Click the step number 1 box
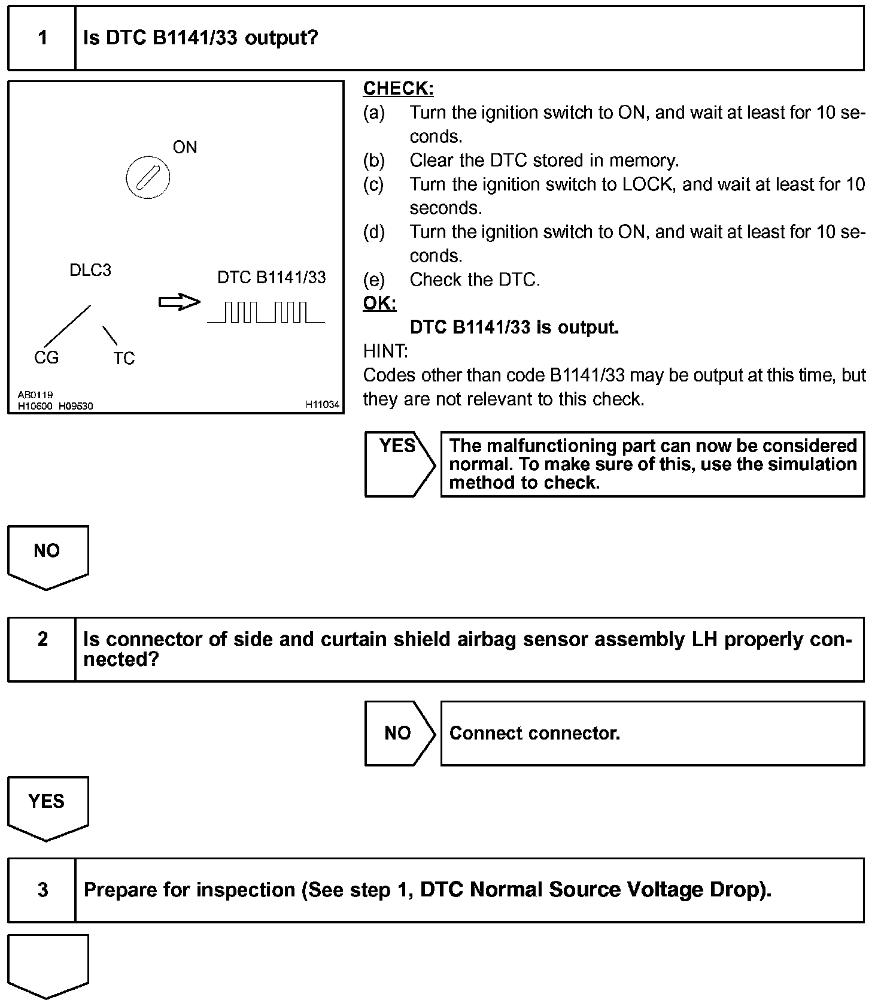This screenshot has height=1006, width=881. (42, 38)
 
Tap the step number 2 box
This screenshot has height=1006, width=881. (42, 649)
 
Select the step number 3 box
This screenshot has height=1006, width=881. (42, 890)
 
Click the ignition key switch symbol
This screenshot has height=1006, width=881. (148, 177)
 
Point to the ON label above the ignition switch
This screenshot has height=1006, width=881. (184, 147)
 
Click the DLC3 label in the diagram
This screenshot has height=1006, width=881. (90, 271)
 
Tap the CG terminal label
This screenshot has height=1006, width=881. (46, 357)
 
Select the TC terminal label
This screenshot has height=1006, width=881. (124, 358)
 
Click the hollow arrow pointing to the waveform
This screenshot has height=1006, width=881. (179, 302)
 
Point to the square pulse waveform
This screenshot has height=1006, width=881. (266, 313)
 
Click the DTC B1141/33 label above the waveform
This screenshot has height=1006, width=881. (272, 277)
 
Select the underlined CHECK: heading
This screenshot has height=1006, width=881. (398, 89)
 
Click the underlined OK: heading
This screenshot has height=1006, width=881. (379, 304)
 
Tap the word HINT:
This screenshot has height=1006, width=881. (385, 351)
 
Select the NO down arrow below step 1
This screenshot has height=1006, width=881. (47, 556)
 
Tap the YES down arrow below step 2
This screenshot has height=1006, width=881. (47, 807)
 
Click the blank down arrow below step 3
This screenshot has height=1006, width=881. (47, 965)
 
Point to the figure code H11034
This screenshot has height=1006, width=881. (323, 405)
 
